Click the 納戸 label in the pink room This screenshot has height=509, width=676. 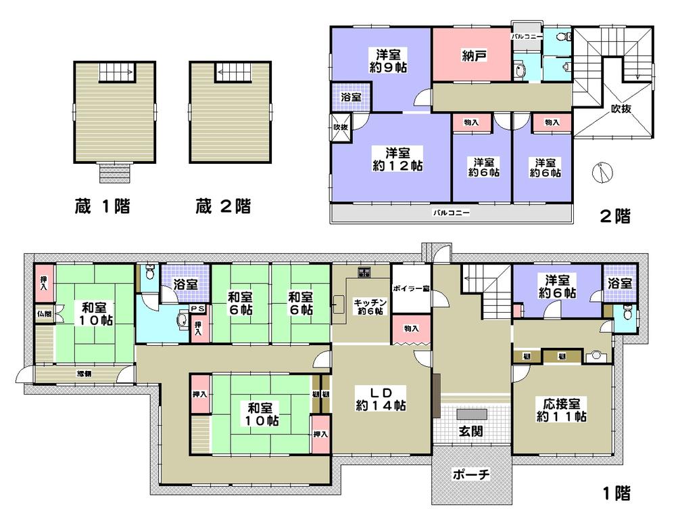pyautogui.click(x=471, y=56)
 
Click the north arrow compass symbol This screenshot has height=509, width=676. pyautogui.click(x=600, y=173)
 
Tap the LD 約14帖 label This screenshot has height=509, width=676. pyautogui.click(x=381, y=399)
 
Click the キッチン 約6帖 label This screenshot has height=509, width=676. pyautogui.click(x=369, y=307)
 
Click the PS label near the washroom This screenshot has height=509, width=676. pyautogui.click(x=198, y=309)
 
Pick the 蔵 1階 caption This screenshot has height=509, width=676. pyautogui.click(x=102, y=206)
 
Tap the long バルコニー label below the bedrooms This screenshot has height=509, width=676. pyautogui.click(x=451, y=213)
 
